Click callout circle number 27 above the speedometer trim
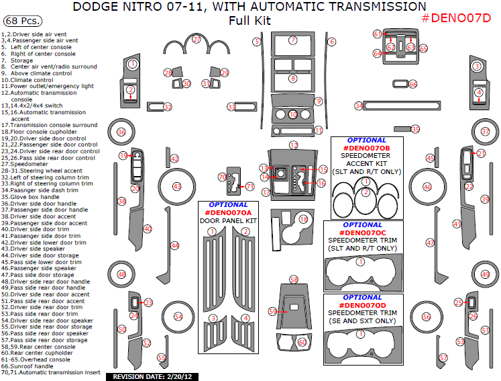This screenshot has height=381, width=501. (x=197, y=40)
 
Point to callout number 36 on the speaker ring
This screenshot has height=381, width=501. (x=121, y=132)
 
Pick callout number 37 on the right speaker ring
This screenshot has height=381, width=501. (x=485, y=132)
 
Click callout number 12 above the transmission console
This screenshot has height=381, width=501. (x=294, y=145)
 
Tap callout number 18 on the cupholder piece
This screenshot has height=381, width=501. (x=304, y=220)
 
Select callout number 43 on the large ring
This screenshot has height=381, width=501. (x=177, y=186)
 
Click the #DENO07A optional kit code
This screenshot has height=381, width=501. (x=229, y=213)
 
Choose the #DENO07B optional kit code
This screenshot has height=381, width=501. (x=366, y=148)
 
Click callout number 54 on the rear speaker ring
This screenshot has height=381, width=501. (x=178, y=316)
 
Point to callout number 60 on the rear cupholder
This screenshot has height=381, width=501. (x=302, y=342)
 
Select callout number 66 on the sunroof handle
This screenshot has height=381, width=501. (x=413, y=84)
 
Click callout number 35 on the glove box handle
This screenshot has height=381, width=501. (x=415, y=129)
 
